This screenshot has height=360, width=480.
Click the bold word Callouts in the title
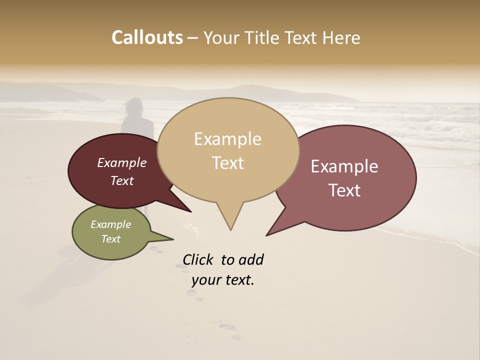click(147, 37)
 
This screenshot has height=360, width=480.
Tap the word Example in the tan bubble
click(227, 139)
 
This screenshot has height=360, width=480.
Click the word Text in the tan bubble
click(227, 162)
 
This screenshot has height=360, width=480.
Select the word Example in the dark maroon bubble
click(122, 162)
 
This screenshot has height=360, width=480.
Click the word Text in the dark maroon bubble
click(122, 180)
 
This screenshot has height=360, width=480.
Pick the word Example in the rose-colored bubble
click(344, 166)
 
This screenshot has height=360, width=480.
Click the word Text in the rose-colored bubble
click(344, 190)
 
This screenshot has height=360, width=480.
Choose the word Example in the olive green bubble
click(110, 224)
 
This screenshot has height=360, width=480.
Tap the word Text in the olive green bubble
click(110, 239)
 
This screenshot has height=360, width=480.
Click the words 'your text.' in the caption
click(223, 280)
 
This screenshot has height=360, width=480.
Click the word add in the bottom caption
click(251, 259)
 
